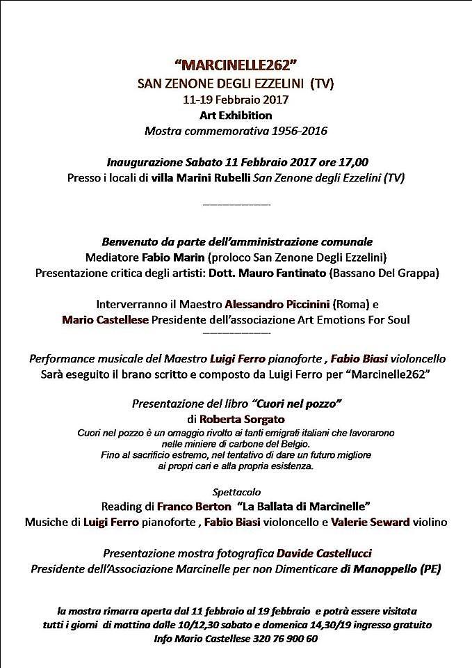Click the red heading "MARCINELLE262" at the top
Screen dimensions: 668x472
(x=236, y=67)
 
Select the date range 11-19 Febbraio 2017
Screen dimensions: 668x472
(x=236, y=100)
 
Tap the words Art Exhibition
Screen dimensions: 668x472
(x=236, y=115)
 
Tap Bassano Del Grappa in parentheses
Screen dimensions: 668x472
(x=384, y=273)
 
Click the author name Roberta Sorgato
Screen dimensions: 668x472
(x=242, y=420)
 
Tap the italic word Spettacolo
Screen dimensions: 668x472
(x=236, y=491)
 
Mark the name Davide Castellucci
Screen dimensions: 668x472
(x=324, y=553)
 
